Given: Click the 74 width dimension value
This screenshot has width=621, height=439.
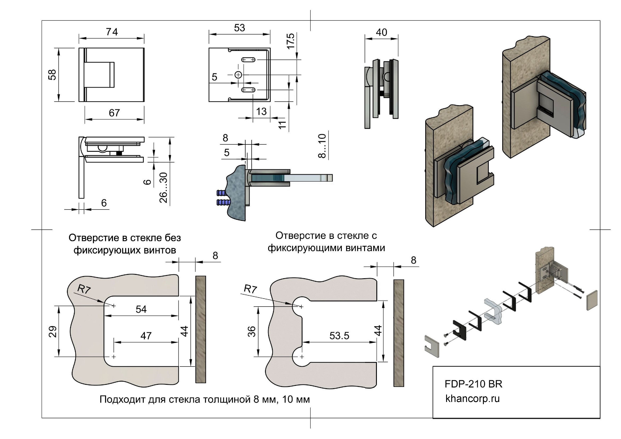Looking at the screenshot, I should coord(112,32).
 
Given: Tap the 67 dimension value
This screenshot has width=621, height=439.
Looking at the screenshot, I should coord(114,112).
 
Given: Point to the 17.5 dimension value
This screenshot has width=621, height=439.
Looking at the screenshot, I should coord(290,41).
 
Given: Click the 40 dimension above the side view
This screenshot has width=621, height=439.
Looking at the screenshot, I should coord(381,32).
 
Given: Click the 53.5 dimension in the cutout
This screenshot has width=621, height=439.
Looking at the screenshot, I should coord(339,336).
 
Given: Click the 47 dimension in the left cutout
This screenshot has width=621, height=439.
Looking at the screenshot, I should coord(146,336).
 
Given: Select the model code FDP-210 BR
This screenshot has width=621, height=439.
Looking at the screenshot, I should coord(473,384).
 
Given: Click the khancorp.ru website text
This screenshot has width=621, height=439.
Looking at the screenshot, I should coord(472,398).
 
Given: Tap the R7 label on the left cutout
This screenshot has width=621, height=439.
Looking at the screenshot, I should coord(84,289).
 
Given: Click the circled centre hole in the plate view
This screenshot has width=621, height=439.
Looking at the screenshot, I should coord(238,75).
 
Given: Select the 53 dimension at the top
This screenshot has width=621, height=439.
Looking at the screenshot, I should coord(239,28).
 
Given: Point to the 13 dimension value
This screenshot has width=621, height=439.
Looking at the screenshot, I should coord(261,111).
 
